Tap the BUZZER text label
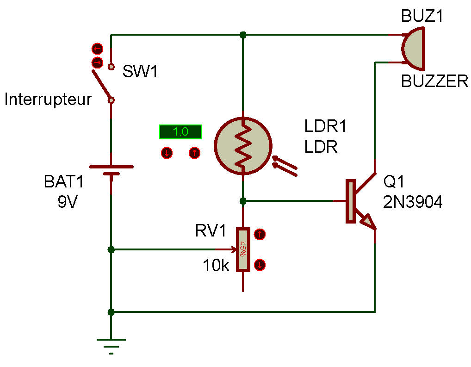point(434,81)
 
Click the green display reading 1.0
point(180,132)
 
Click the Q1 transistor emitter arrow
point(368,222)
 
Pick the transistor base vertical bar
point(350,201)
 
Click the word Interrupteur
point(48,100)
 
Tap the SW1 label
point(140,72)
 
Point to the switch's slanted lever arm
point(101,85)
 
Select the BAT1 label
point(64,182)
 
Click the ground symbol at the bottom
point(111,345)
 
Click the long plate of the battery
point(111,167)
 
